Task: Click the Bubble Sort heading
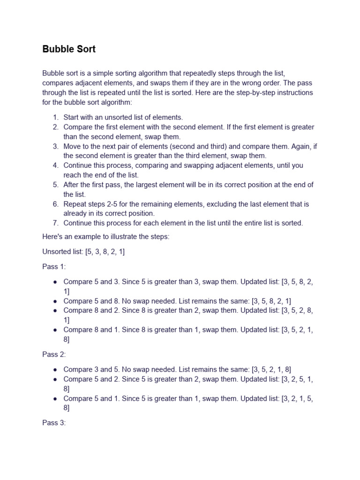(69, 49)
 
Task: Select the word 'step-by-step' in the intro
(243, 92)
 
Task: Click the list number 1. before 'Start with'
(56, 118)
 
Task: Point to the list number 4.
(56, 165)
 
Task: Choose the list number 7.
(56, 223)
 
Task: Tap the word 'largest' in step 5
(149, 185)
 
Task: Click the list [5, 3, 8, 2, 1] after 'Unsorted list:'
(105, 252)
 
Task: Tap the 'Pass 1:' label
(54, 267)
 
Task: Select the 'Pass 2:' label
(54, 354)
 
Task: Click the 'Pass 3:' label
(54, 423)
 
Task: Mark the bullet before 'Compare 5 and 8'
(55, 301)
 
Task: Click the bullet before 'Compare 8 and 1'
(55, 330)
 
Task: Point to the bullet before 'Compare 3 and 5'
(55, 370)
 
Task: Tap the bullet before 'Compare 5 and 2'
(55, 379)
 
